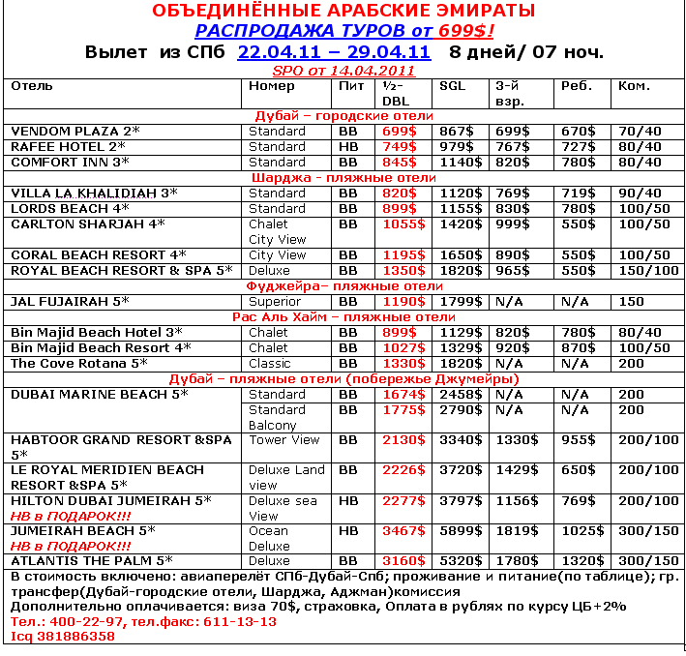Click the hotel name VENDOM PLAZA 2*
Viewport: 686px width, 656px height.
(75, 131)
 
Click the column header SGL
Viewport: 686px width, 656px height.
(452, 86)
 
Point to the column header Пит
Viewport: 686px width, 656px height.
(350, 86)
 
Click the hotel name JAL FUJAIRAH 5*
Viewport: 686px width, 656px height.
(70, 301)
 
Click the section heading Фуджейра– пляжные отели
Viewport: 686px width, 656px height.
(344, 285)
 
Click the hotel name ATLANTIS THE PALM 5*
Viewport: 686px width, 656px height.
(91, 560)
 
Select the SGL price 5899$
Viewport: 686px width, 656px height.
(462, 531)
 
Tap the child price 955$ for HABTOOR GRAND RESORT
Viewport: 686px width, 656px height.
(579, 440)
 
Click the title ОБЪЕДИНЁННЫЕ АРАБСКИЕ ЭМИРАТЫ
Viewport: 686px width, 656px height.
(343, 12)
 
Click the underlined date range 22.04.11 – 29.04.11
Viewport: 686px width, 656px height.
(334, 51)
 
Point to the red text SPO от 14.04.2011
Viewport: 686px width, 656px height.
(343, 71)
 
